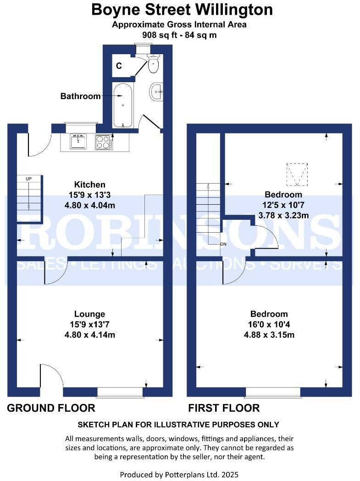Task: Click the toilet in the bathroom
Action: pos(153,65)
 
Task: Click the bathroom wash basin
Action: pos(155,92)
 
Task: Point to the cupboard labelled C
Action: pos(119,66)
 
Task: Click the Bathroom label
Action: pos(80,96)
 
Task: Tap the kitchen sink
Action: pos(79,141)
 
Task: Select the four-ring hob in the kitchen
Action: pos(104,142)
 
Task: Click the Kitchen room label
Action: pos(90,185)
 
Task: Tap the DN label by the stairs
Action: pos(223,244)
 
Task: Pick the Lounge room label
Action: pos(90,314)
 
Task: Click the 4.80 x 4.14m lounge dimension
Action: pos(90,335)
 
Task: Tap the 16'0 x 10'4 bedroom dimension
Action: pos(269,324)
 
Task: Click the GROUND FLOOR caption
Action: pos(51,408)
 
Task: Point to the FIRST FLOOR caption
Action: pos(224,408)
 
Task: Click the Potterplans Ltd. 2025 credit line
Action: pos(179,474)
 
